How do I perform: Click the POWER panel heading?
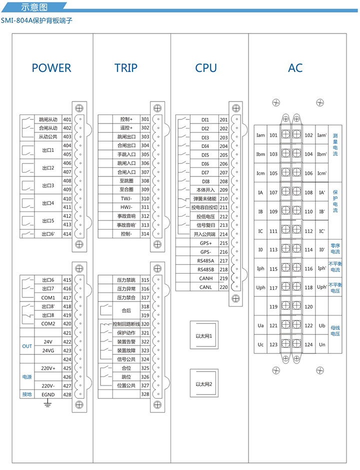[x=51, y=68]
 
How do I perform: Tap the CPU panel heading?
[x=206, y=68]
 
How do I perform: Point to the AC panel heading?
[x=295, y=68]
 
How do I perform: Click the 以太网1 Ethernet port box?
[x=204, y=336]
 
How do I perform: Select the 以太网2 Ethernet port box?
[x=204, y=384]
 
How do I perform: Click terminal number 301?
[x=145, y=119]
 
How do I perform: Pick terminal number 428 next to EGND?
[x=67, y=394]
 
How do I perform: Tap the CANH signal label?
[x=206, y=278]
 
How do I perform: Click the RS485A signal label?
[x=206, y=261]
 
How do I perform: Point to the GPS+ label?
[x=206, y=243]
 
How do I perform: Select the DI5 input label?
[x=205, y=155]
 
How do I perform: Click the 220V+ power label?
[x=48, y=368]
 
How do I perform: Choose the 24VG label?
[x=48, y=350]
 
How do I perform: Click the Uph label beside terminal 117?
[x=260, y=288]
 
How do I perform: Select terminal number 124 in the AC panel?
[x=308, y=344]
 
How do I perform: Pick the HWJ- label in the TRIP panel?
[x=126, y=207]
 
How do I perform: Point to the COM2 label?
[x=48, y=323]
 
